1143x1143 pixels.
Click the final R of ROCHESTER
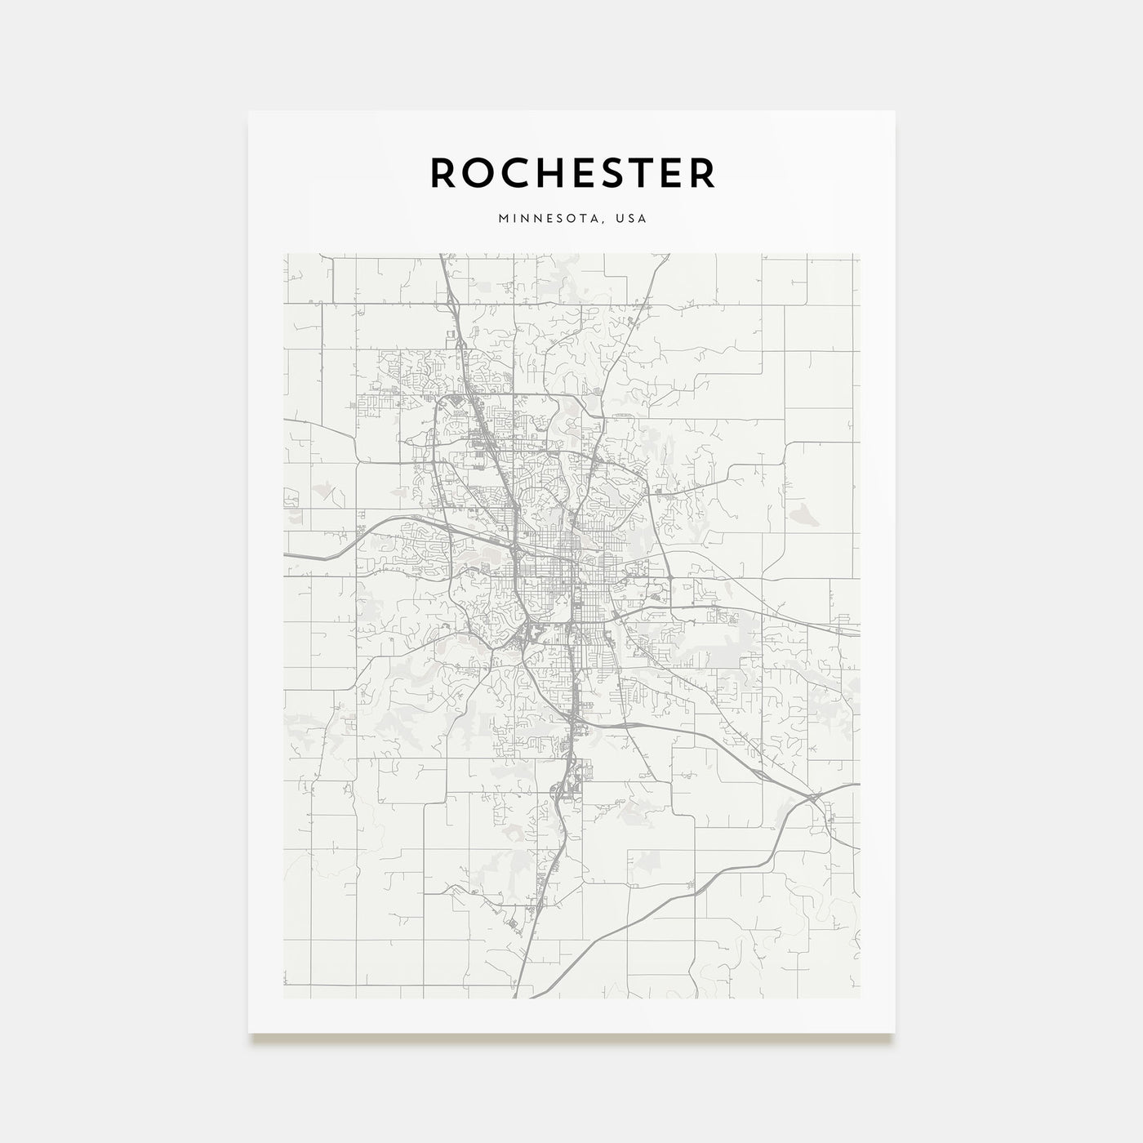[x=704, y=172]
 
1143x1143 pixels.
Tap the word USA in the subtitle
[x=632, y=219]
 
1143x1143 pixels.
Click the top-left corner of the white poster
[x=249, y=111]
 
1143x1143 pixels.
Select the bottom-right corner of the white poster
[x=895, y=1033]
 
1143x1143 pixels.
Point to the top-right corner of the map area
[x=860, y=254]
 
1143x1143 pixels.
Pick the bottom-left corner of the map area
[x=283, y=998]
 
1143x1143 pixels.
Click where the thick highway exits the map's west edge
[x=284, y=554]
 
